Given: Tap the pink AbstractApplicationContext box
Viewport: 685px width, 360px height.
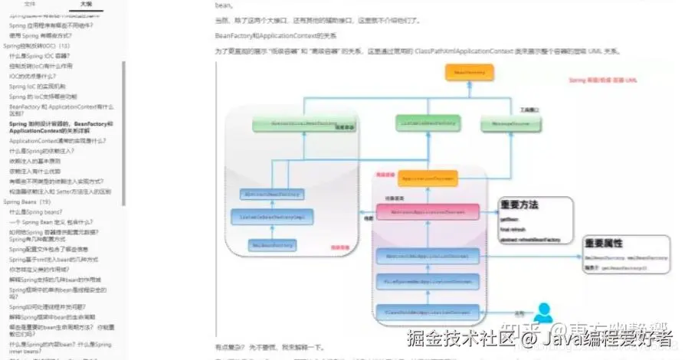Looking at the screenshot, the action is [x=428, y=210].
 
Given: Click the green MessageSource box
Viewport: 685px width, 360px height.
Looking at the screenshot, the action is [x=505, y=123].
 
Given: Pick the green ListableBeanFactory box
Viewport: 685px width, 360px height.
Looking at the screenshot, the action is [x=428, y=123].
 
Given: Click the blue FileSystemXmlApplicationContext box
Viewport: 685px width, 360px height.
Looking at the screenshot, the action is [x=428, y=282].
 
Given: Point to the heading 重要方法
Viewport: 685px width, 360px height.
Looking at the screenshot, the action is [x=519, y=205].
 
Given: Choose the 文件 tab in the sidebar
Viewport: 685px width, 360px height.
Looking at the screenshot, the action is [x=30, y=5].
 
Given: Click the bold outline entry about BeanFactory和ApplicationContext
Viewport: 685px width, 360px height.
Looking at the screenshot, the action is [x=61, y=127].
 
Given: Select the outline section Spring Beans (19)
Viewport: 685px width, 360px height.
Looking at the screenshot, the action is [x=28, y=201].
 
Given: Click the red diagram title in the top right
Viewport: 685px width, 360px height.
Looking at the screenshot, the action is [x=603, y=80].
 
